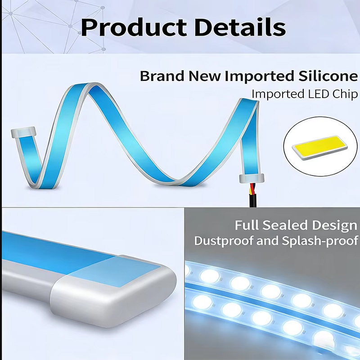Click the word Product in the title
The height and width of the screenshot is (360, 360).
pos(134,27)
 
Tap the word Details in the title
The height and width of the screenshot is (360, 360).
pos(240,27)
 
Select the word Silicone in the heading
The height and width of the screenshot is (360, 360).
pos(328,76)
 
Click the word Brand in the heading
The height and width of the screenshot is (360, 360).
pos(162,76)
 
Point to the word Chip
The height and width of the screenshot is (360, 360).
pos(345,94)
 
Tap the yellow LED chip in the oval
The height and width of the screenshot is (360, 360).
pos(319,148)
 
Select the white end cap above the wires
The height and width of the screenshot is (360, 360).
pos(252,178)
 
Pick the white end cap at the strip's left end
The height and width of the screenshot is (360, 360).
pos(24,132)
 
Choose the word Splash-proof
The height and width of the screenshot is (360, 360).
pos(320,241)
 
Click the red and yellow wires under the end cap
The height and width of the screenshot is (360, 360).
pos(252,188)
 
